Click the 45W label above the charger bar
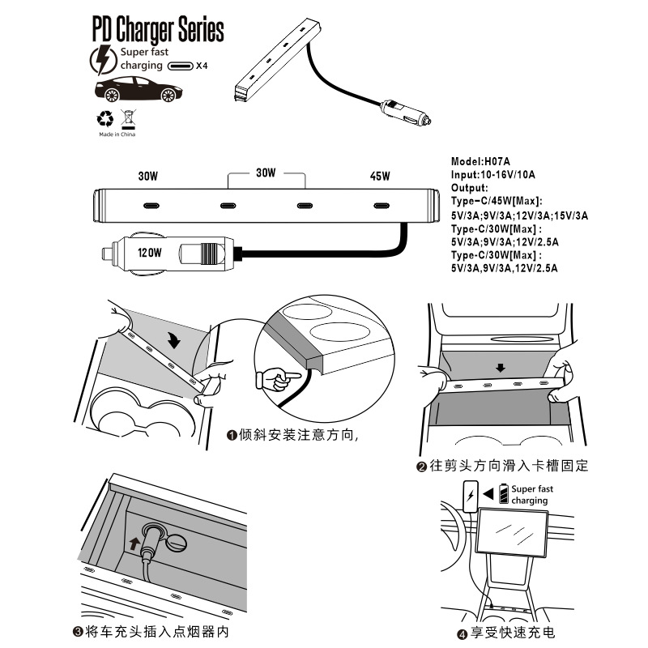pyautogui.click(x=380, y=176)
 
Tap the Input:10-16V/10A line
pyautogui.click(x=493, y=174)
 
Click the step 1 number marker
pyautogui.click(x=232, y=436)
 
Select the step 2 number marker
pyautogui.click(x=421, y=467)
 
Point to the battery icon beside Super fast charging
pyautogui.click(x=505, y=493)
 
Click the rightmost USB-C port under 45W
pyautogui.click(x=380, y=204)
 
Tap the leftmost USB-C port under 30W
pyautogui.click(x=147, y=204)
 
